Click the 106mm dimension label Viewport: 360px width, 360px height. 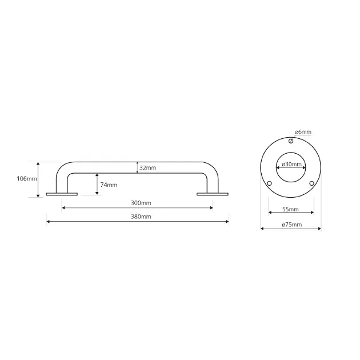[x=27, y=178]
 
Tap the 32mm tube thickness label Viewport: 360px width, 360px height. [x=147, y=168]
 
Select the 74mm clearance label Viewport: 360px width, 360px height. [x=109, y=185]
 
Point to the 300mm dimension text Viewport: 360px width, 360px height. [x=141, y=203]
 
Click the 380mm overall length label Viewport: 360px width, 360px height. [x=141, y=217]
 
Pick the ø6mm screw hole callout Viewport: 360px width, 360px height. [x=303, y=132]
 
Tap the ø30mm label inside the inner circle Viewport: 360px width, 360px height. [x=291, y=165]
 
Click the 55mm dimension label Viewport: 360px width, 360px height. [x=290, y=209]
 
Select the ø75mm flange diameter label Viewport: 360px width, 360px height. [x=292, y=225]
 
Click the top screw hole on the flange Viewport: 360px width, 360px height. [x=291, y=141]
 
